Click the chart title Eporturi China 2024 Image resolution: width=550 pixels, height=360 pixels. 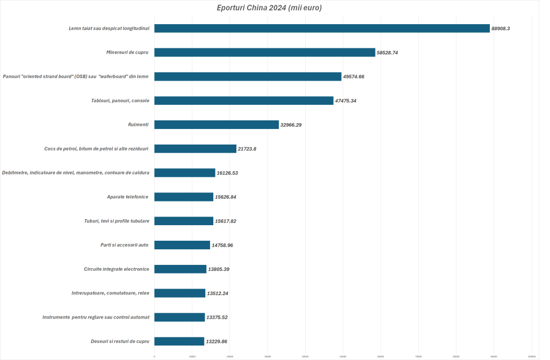[269, 8]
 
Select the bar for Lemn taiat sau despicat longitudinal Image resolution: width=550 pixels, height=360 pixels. [322, 28]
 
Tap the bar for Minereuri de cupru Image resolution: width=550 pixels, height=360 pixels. [264, 53]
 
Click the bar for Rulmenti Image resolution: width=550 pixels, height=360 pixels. [216, 125]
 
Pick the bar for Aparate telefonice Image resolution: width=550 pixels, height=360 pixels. [184, 197]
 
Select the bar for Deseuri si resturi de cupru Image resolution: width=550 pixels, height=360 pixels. [179, 341]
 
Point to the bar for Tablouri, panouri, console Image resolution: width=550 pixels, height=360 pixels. [243, 100]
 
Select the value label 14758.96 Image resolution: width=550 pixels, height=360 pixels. [222, 245]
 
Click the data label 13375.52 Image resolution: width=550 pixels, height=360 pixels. [217, 318]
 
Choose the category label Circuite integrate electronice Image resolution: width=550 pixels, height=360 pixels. [117, 269]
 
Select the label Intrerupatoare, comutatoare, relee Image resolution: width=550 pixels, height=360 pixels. [110, 293]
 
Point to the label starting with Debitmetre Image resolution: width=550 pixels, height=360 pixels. [76, 173]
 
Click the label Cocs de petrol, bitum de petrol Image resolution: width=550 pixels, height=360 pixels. [97, 149]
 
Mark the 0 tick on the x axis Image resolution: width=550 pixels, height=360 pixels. [155, 356]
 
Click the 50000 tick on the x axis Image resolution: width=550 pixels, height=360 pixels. [343, 356]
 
